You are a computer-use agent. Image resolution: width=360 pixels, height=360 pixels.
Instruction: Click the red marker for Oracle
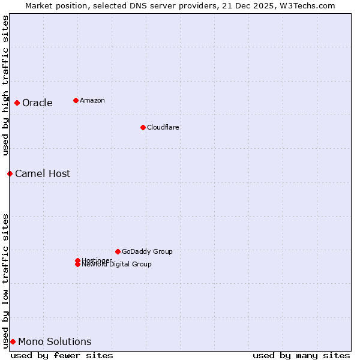17,103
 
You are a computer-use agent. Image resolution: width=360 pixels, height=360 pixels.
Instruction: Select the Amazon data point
76,100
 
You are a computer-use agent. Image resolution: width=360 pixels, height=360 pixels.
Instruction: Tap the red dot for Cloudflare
143,127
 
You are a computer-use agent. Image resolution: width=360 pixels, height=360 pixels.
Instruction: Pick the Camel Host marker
10,173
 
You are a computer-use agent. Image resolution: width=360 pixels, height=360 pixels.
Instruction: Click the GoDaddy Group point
118,251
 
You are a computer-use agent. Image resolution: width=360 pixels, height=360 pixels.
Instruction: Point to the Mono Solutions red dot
13,341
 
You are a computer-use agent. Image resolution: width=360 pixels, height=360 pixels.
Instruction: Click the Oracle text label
37,103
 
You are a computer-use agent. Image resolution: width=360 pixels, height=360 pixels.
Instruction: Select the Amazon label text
92,100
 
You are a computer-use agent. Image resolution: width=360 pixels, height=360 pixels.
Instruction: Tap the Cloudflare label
163,127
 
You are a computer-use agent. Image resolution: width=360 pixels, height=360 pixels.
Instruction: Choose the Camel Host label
43,174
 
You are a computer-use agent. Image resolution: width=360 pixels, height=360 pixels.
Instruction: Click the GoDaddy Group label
147,251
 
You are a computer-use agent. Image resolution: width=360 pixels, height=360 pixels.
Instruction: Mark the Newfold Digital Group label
117,265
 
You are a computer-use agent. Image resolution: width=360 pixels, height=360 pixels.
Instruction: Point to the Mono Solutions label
55,342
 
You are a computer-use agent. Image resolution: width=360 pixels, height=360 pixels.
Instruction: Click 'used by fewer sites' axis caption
62,355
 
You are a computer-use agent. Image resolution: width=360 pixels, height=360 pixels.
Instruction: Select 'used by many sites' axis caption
301,355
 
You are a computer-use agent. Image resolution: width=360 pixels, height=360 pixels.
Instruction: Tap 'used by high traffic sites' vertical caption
5,85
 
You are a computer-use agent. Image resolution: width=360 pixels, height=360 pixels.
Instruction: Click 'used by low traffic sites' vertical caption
5,281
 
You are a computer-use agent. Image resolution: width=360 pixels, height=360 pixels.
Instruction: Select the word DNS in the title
148,5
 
